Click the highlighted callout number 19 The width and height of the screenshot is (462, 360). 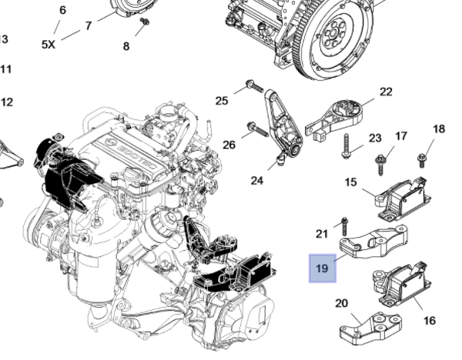click(322, 268)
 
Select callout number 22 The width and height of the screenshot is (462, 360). click(386, 93)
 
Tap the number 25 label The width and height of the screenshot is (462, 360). click(222, 101)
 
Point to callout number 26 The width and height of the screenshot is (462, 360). click(229, 144)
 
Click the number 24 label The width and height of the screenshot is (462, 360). click(256, 181)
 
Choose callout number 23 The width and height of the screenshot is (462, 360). click(375, 138)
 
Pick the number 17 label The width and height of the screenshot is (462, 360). click(401, 136)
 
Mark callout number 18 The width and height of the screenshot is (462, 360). click(439, 128)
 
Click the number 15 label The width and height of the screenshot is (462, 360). click(350, 182)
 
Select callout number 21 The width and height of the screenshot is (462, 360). click(322, 233)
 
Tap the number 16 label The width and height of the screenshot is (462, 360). click(430, 319)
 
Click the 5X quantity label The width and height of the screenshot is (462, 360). click(48, 45)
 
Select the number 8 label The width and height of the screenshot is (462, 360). click(126, 46)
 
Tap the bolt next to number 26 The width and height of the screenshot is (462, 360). click(253, 126)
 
